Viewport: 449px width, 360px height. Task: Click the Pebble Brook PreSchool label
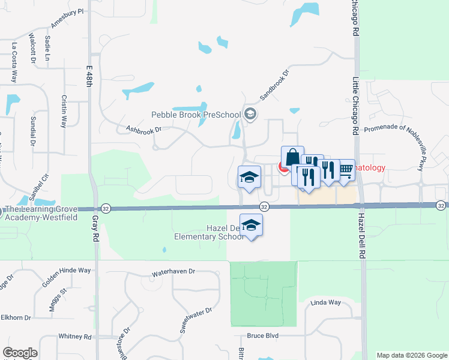[196, 115]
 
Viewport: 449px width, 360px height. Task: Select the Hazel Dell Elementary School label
[208, 232]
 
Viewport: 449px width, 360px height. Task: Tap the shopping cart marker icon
[345, 169]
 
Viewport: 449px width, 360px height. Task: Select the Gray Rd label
[95, 229]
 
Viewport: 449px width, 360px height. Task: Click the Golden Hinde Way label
[67, 271]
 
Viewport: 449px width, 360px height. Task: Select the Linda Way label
[325, 303]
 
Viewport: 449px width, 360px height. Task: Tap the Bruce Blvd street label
[263, 336]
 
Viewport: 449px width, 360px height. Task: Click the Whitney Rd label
[74, 337]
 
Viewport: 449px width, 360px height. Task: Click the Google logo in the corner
[20, 353]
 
